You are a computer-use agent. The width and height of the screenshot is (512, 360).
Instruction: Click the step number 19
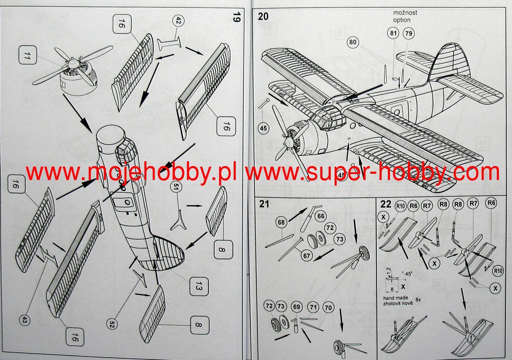click(x=236, y=17)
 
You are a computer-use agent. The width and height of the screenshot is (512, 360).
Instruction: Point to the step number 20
click(x=263, y=16)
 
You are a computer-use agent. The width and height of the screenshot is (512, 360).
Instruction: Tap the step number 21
click(x=264, y=204)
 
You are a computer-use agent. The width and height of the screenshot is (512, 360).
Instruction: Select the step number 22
click(x=386, y=204)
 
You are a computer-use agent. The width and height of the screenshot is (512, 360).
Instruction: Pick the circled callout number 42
click(x=178, y=21)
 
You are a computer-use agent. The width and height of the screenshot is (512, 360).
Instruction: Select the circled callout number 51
click(x=176, y=187)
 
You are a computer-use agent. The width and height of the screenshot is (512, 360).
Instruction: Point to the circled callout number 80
click(x=353, y=42)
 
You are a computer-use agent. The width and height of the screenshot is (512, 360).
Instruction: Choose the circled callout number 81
click(x=394, y=33)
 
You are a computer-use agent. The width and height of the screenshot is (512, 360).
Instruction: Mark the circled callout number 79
click(x=409, y=33)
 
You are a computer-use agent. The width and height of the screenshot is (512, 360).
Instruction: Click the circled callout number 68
click(x=281, y=222)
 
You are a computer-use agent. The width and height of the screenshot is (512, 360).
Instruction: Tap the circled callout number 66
click(x=321, y=216)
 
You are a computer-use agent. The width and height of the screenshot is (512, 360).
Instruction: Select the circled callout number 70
click(x=328, y=308)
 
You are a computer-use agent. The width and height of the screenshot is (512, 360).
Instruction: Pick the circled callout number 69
click(x=296, y=307)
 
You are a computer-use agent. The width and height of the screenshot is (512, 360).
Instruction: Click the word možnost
click(x=405, y=13)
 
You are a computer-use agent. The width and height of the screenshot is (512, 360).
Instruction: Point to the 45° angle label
click(x=408, y=273)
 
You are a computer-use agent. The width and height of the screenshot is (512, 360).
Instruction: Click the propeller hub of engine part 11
click(x=71, y=63)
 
